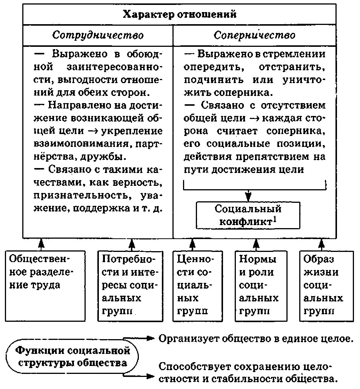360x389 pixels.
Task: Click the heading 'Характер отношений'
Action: click(179, 15)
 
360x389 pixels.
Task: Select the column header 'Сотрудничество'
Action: click(98, 36)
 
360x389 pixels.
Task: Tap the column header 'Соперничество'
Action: click(255, 36)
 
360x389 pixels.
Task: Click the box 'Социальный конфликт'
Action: click(248, 215)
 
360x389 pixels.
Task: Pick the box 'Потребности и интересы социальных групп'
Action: click(130, 286)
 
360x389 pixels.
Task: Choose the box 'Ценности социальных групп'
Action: click(194, 286)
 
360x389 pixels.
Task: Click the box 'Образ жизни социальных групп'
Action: click(327, 286)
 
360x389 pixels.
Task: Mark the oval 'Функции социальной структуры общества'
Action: click(72, 357)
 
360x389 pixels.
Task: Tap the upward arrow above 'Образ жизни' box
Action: click(321, 244)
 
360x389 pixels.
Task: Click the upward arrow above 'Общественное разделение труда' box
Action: click(42, 244)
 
